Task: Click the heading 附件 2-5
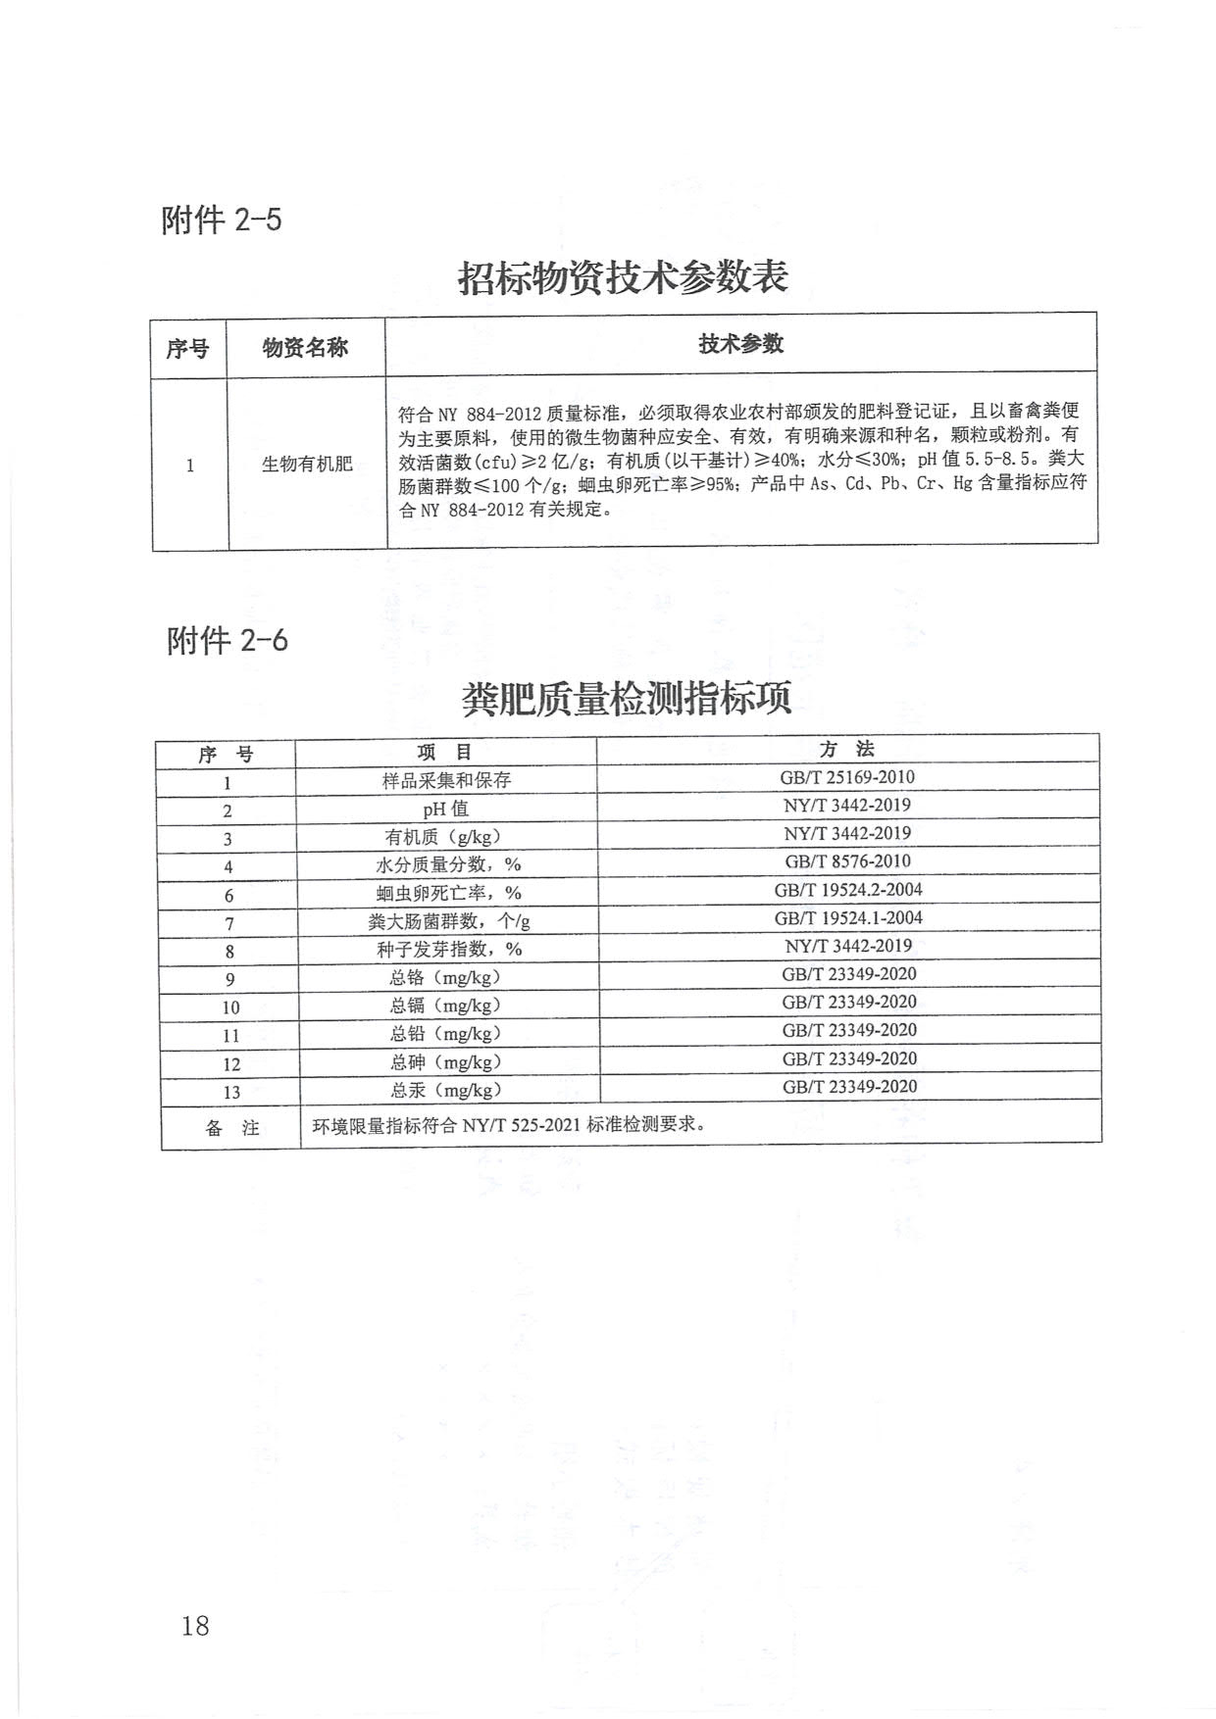[221, 220]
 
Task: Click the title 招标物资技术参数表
[623, 277]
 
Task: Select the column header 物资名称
[305, 348]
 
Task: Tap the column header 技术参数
[740, 344]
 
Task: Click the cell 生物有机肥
[307, 465]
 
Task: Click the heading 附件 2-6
[228, 641]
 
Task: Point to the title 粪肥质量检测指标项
[626, 700]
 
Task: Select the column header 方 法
[847, 750]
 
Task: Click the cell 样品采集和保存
[446, 781]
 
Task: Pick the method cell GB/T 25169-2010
[847, 777]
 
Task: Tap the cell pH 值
[446, 810]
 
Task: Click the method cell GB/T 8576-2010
[847, 861]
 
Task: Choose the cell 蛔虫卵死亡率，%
[448, 894]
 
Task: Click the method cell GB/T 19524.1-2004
[848, 918]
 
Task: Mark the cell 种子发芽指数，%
[449, 950]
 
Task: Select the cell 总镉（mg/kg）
[445, 1006]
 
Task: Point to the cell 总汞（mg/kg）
[446, 1090]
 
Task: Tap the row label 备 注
[232, 1128]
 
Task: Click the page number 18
[195, 1626]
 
